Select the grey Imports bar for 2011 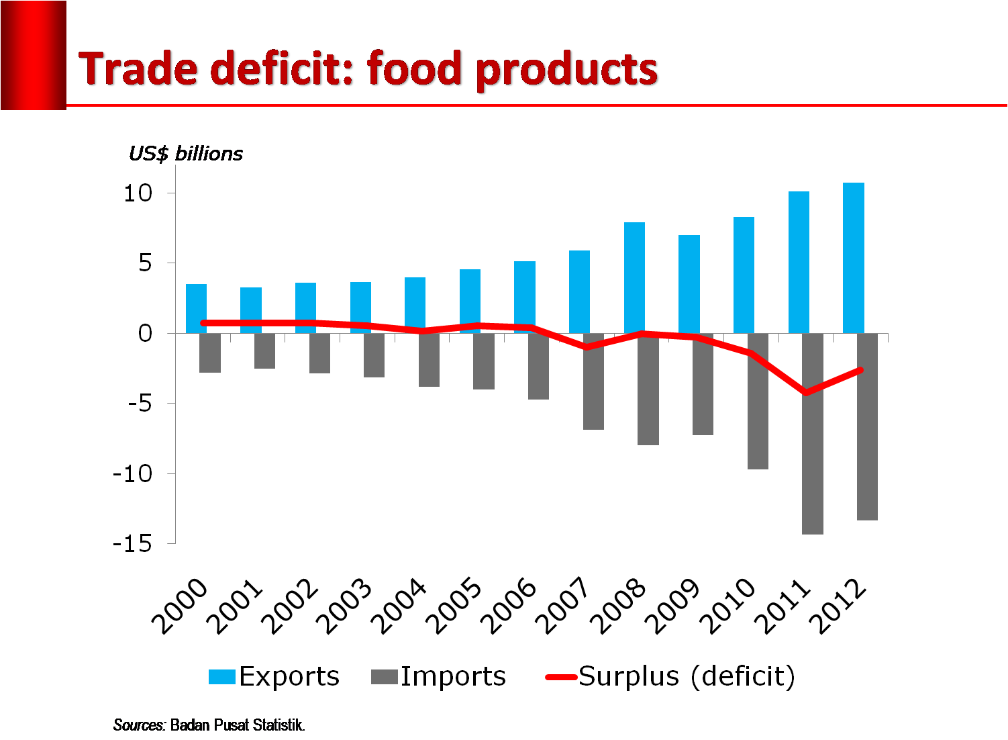812,433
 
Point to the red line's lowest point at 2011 805,393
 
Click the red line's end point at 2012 860,370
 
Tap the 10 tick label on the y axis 138,193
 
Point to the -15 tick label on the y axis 132,544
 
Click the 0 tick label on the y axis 146,333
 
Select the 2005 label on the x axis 456,606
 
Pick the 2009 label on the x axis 676,606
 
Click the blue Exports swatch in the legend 222,677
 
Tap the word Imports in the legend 453,676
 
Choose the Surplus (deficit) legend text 687,676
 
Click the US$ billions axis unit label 186,154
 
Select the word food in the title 415,69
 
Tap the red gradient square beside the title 34,55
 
